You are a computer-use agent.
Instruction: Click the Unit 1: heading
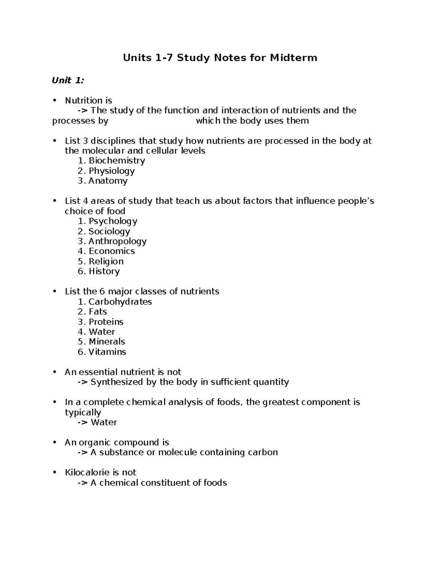coord(68,81)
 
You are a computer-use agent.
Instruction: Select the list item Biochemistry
coord(117,161)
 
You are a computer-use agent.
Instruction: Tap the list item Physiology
coord(111,171)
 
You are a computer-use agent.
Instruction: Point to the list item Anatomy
coord(108,181)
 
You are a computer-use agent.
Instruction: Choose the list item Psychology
coord(113,221)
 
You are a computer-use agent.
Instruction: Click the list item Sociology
coord(109,231)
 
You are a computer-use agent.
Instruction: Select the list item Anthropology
coord(117,241)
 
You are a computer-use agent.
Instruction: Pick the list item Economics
coord(111,251)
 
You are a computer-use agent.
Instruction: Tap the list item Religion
coord(106,262)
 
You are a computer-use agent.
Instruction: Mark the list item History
coord(104,271)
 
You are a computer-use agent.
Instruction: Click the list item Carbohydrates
coord(120,302)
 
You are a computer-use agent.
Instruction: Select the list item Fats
coord(98,312)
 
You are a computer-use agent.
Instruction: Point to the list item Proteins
coord(106,322)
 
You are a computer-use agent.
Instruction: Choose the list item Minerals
coord(107,342)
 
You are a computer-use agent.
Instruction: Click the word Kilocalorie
coord(87,473)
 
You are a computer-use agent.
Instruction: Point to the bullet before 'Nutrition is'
coord(55,100)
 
